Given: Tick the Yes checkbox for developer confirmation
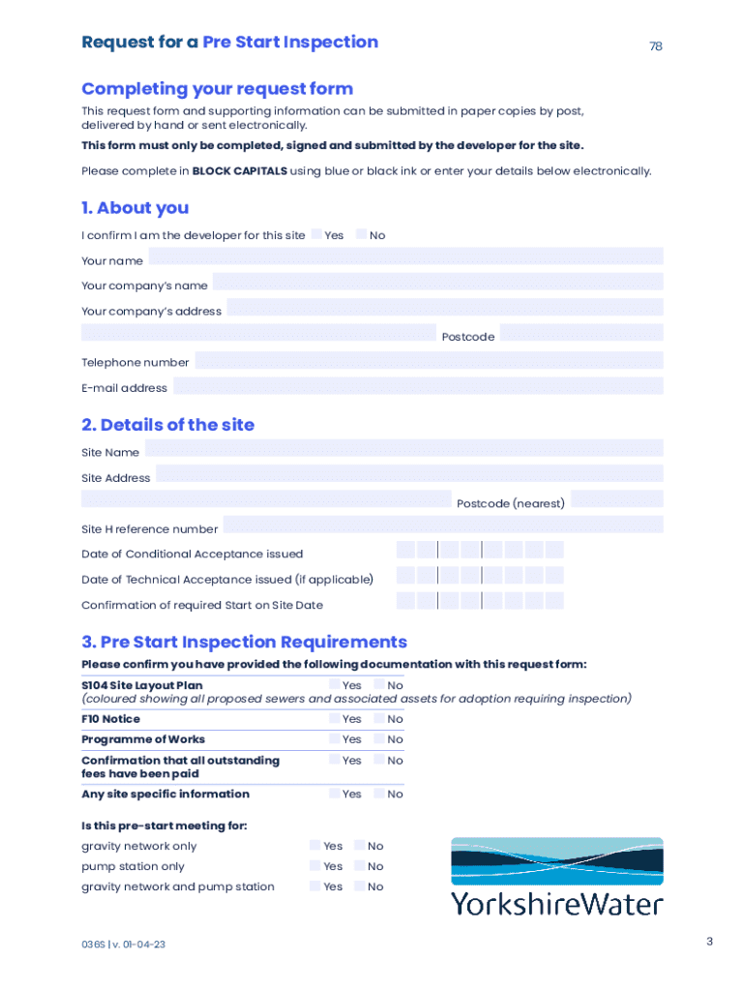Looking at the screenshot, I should (x=317, y=235).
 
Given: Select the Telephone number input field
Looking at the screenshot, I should (x=429, y=361).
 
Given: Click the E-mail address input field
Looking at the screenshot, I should (x=418, y=386).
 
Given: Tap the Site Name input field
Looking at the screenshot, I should (x=403, y=448).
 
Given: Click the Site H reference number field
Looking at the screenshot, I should (x=443, y=525).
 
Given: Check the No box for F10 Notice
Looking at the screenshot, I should (x=379, y=719).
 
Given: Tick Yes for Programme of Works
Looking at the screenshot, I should (x=335, y=739).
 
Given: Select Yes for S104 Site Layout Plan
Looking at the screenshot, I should (x=335, y=685).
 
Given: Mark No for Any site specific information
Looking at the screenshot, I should (x=379, y=794).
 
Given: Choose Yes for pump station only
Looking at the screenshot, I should (x=315, y=866).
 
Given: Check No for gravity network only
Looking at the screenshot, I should (x=360, y=846).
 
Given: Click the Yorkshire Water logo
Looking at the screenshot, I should (x=556, y=877).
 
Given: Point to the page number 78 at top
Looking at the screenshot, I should (x=656, y=46).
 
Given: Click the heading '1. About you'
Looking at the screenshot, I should (x=135, y=208).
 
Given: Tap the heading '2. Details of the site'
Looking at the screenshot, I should (x=168, y=425).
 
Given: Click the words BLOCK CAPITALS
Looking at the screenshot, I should (x=232, y=171).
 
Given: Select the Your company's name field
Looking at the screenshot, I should (x=437, y=282).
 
